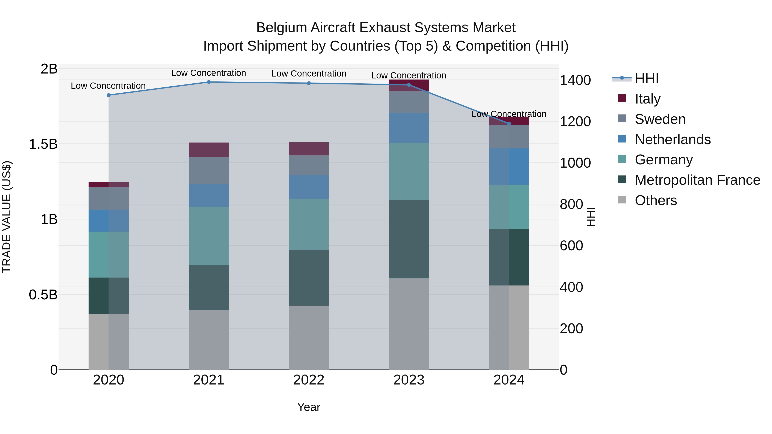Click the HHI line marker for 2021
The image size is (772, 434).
(x=209, y=82)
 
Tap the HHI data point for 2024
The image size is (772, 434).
(x=509, y=124)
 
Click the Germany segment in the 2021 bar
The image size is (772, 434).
(x=209, y=236)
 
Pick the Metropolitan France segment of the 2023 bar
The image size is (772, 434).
(x=409, y=239)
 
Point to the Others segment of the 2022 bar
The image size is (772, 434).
(x=309, y=338)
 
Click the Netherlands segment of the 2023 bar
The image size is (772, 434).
(x=409, y=128)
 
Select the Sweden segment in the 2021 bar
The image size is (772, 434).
(x=209, y=170)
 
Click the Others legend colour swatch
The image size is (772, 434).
(x=622, y=200)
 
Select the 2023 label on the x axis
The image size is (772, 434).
(x=409, y=380)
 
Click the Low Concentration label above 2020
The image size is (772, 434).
(x=108, y=86)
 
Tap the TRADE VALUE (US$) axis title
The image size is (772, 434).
(x=7, y=217)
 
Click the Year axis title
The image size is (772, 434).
(x=309, y=407)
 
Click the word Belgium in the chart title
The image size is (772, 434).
(x=282, y=28)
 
